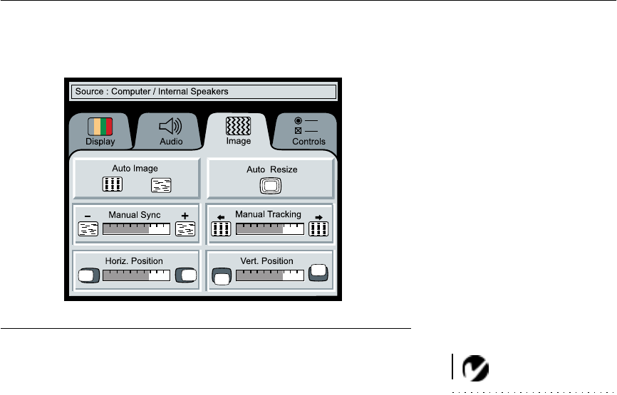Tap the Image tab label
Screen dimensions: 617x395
[238, 141]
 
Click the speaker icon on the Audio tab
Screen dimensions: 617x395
[170, 127]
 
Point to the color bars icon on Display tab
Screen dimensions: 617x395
[100, 127]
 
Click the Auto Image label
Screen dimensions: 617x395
[135, 169]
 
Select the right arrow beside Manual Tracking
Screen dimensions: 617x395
[318, 217]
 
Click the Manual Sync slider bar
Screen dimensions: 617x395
[136, 228]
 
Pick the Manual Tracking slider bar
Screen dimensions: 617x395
[269, 228]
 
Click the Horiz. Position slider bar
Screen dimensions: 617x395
[136, 275]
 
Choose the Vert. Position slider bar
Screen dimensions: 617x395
[269, 275]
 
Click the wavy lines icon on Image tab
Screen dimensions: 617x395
[237, 126]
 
